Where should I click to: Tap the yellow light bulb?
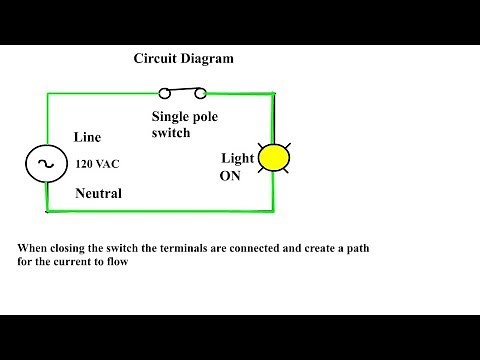272,158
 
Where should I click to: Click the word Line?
88,137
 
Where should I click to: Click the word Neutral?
98,193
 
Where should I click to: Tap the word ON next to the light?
230,176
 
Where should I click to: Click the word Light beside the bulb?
237,158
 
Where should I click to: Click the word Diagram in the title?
207,58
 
